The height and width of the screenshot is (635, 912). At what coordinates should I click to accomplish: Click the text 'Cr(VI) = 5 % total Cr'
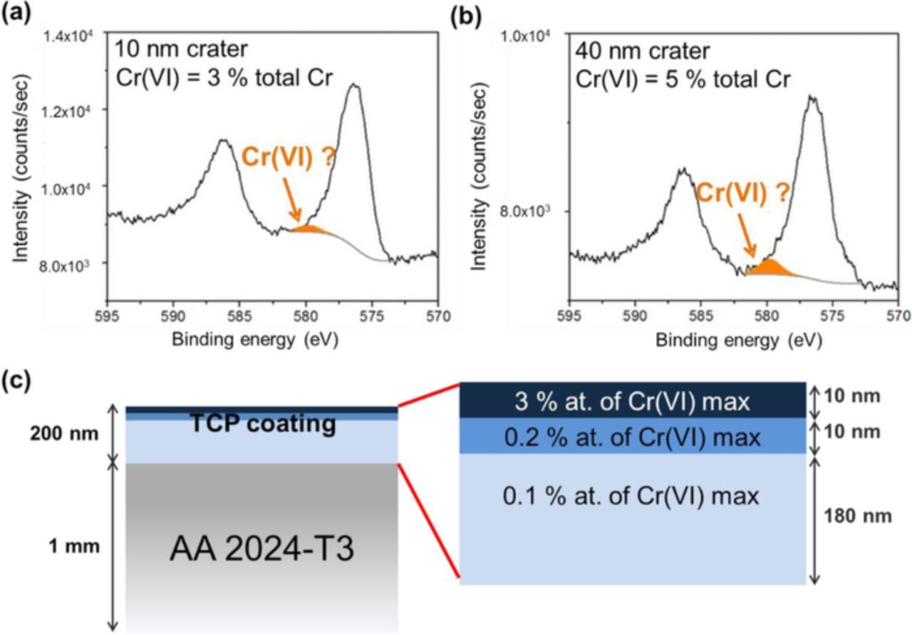click(x=684, y=79)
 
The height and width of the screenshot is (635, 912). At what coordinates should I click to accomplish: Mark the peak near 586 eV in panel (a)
click(x=223, y=140)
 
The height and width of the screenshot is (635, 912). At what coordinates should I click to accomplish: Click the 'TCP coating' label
click(x=262, y=423)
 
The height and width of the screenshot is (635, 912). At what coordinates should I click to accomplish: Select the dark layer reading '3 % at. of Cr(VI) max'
click(x=632, y=402)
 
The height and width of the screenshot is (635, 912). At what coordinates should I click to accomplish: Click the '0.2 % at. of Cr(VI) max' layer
click(x=632, y=435)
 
